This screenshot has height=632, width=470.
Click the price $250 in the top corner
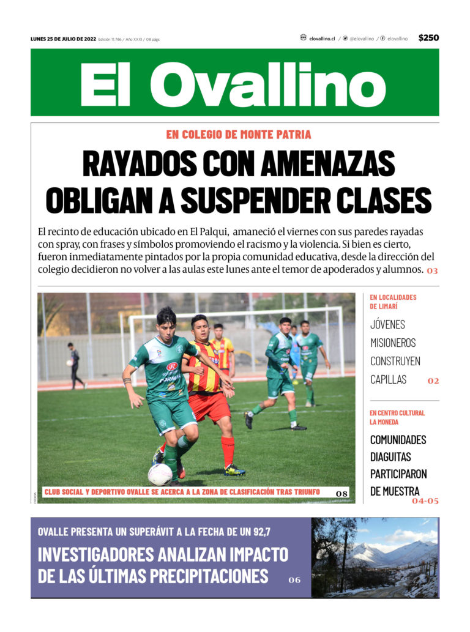(428, 38)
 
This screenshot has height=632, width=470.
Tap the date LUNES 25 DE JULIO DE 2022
(63, 39)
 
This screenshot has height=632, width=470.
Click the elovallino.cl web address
(321, 39)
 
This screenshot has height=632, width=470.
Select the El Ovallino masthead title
(234, 84)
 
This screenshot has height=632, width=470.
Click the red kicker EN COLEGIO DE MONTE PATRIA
(238, 135)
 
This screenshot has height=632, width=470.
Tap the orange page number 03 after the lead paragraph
(432, 270)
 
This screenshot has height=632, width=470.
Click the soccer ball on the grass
(160, 474)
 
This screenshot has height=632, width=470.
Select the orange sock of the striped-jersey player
(228, 450)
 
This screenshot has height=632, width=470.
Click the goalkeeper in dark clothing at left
(74, 365)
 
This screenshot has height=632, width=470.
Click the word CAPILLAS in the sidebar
(388, 379)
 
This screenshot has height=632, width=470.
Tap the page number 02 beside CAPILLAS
(433, 381)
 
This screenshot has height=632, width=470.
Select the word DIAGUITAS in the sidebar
(390, 456)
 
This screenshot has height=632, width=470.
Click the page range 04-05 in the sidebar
(425, 500)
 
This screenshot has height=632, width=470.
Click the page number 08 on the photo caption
(341, 493)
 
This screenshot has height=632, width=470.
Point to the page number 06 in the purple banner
(294, 579)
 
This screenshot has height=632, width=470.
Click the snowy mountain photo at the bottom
(375, 557)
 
